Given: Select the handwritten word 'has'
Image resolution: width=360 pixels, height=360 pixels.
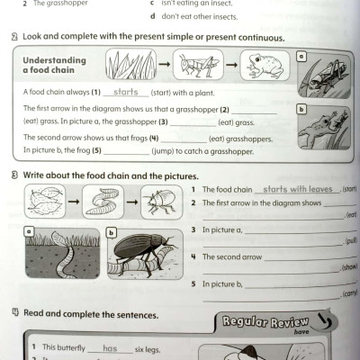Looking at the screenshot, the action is (110, 347).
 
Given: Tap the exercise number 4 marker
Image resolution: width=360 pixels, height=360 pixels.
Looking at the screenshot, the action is (17, 315).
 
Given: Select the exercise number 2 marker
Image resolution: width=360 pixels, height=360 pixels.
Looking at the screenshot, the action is (17, 38).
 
